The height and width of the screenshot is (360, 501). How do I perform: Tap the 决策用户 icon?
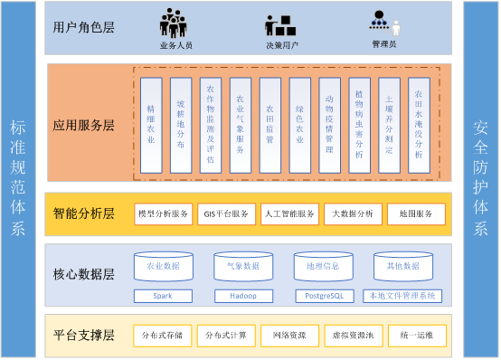(x=279, y=24)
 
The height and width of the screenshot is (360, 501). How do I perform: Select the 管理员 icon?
(x=383, y=22)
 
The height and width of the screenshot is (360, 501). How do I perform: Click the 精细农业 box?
(x=151, y=124)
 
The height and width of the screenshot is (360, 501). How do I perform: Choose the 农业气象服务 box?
(x=240, y=124)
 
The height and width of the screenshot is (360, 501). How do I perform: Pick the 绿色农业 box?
(x=299, y=124)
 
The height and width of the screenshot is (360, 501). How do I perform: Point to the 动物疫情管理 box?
(x=329, y=124)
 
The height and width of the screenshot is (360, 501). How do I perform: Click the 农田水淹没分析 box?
(x=418, y=124)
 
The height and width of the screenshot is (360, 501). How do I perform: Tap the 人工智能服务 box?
(x=289, y=214)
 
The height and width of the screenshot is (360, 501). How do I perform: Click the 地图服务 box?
(x=416, y=214)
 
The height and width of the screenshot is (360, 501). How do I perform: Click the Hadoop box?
(x=242, y=296)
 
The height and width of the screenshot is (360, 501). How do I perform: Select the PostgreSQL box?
(x=322, y=296)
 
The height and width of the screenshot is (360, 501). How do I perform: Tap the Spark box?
(x=163, y=296)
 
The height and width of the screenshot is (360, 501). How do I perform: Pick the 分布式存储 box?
(x=163, y=336)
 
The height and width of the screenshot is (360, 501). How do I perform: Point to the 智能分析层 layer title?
(x=84, y=214)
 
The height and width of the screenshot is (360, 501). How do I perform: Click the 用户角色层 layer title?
(x=84, y=27)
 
